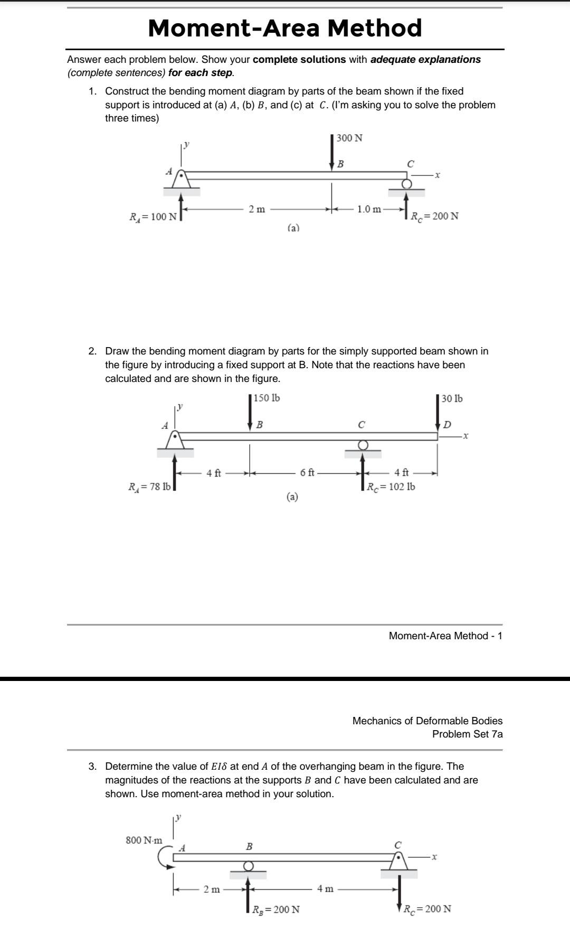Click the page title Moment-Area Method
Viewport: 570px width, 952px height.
[x=285, y=28]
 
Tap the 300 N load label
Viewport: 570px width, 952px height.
[x=349, y=138]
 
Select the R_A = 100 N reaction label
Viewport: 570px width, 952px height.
[x=153, y=217]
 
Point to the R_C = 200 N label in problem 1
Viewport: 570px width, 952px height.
[x=434, y=216]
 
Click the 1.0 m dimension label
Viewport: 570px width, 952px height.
[x=369, y=209]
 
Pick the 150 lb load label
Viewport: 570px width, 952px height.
[x=267, y=398]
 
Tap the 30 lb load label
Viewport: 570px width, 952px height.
[x=452, y=398]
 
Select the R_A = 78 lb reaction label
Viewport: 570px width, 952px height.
[x=150, y=487]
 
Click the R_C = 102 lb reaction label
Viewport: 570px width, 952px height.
[x=391, y=487]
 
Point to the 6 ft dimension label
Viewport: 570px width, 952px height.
[x=307, y=473]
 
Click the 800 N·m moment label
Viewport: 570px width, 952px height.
[x=144, y=840]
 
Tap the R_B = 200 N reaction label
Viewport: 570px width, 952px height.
[x=275, y=909]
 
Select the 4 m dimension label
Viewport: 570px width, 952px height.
[x=325, y=889]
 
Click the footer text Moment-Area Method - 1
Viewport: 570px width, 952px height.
[x=445, y=636]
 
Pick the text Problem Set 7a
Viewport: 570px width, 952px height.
[x=467, y=734]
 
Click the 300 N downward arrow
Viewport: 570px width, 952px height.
[x=332, y=153]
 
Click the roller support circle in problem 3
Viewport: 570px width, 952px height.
[x=248, y=866]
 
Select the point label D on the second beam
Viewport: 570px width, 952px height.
[x=447, y=424]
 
